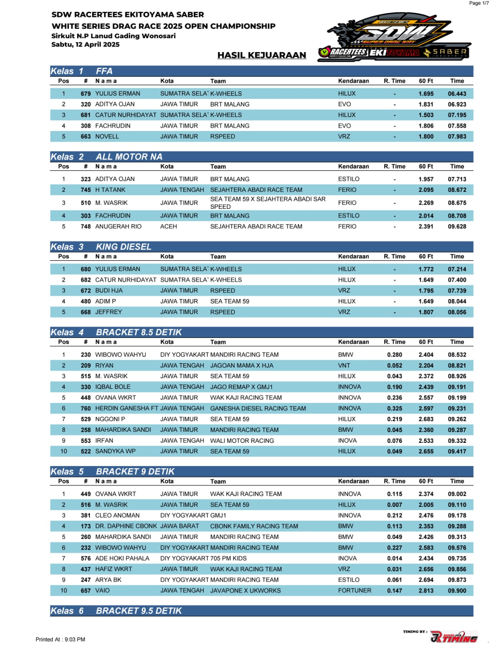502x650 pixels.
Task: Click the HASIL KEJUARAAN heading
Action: (262, 55)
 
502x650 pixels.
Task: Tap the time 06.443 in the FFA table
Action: (457, 93)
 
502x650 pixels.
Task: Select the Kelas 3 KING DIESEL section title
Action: (101, 247)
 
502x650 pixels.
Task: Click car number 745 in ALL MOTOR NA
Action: (86, 190)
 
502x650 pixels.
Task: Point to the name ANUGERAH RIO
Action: (118, 226)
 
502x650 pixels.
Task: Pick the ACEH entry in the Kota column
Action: (169, 226)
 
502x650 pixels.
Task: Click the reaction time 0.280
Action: (394, 355)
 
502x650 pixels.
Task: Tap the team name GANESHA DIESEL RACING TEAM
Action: (258, 408)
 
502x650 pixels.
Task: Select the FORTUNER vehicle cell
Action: (355, 590)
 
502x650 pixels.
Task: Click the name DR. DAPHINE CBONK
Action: (126, 526)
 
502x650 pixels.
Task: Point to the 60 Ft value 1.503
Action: (426, 115)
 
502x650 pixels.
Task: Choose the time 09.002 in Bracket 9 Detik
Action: (457, 494)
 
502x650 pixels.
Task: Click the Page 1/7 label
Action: (479, 3)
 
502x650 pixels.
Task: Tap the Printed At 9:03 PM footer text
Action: (61, 639)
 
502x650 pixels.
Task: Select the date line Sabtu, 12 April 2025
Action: (85, 44)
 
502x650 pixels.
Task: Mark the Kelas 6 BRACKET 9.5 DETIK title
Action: (116, 611)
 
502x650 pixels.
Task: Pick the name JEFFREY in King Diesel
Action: (108, 312)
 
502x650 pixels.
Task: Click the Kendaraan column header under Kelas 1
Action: (353, 81)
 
